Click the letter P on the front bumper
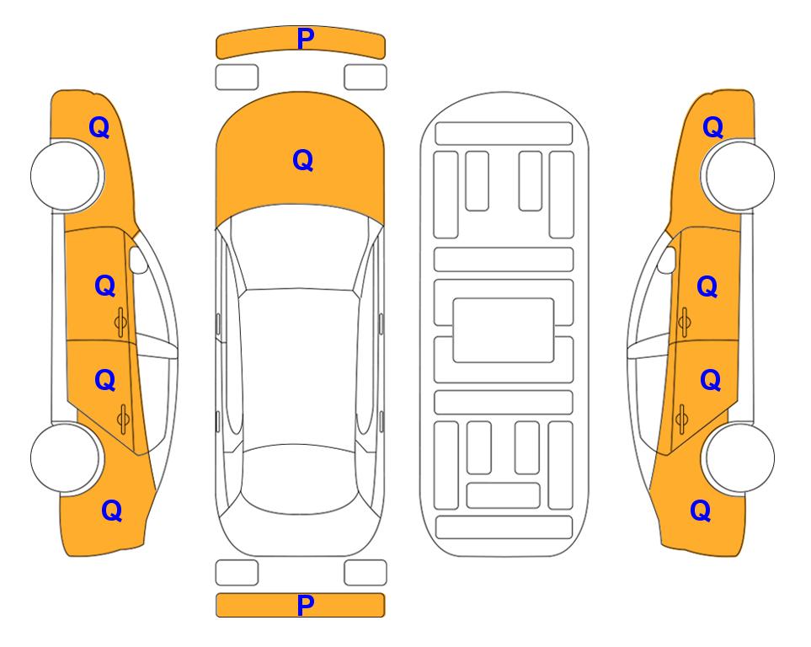(305, 39)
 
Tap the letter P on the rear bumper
(305, 605)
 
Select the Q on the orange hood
(303, 160)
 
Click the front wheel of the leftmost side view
(66, 176)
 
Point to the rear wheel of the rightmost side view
(739, 457)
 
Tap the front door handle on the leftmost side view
(120, 322)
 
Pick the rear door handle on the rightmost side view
(681, 419)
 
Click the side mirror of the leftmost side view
(138, 259)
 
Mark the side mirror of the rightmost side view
(667, 259)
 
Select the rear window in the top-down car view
(301, 479)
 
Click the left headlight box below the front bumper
(237, 78)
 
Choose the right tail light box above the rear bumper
(365, 573)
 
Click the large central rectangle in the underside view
(504, 330)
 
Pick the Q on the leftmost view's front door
(105, 286)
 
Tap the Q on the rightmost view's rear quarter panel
(701, 511)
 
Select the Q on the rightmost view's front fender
(712, 127)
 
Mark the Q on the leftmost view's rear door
(105, 381)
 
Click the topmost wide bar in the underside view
(504, 134)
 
